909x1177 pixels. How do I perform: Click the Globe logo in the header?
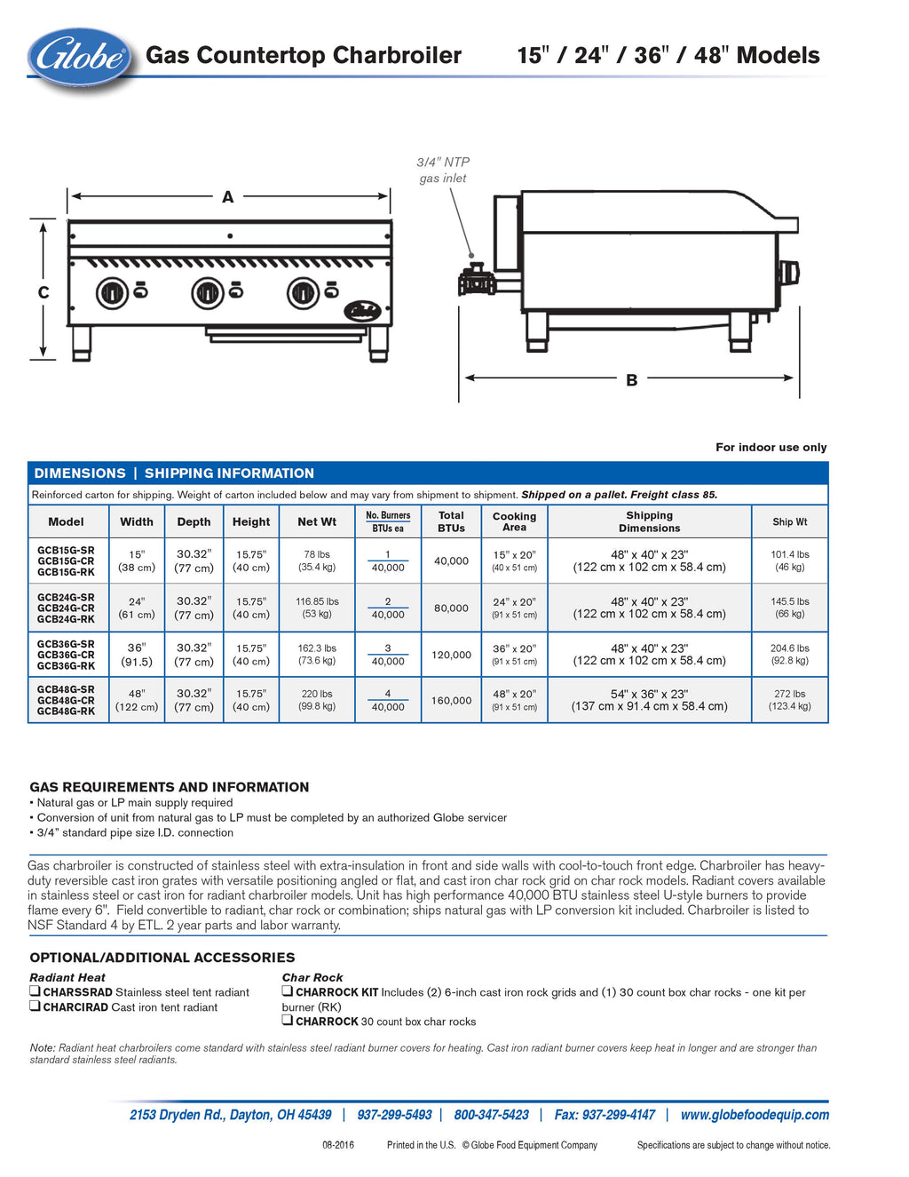pos(80,58)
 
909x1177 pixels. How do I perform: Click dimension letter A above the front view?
pos(228,197)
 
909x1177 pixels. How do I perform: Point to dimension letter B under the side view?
pos(632,380)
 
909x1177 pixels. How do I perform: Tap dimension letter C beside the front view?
pos(43,292)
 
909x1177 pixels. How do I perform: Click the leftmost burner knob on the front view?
pos(112,292)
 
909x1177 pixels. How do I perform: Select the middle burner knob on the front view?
pos(208,292)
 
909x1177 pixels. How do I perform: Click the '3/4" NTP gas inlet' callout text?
pos(443,170)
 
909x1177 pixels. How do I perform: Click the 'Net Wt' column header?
pos(317,521)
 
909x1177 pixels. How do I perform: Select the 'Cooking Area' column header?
pos(514,521)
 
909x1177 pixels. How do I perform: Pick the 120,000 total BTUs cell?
pos(451,655)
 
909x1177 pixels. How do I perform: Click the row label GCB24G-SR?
pos(66,598)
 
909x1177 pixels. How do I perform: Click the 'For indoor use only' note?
pos(771,448)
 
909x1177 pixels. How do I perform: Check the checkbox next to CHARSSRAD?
pos(35,991)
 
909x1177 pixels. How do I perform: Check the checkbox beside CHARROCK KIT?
pos(288,991)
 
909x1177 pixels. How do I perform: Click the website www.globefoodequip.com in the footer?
pos(755,1115)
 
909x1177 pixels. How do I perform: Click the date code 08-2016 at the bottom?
pos(338,1145)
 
